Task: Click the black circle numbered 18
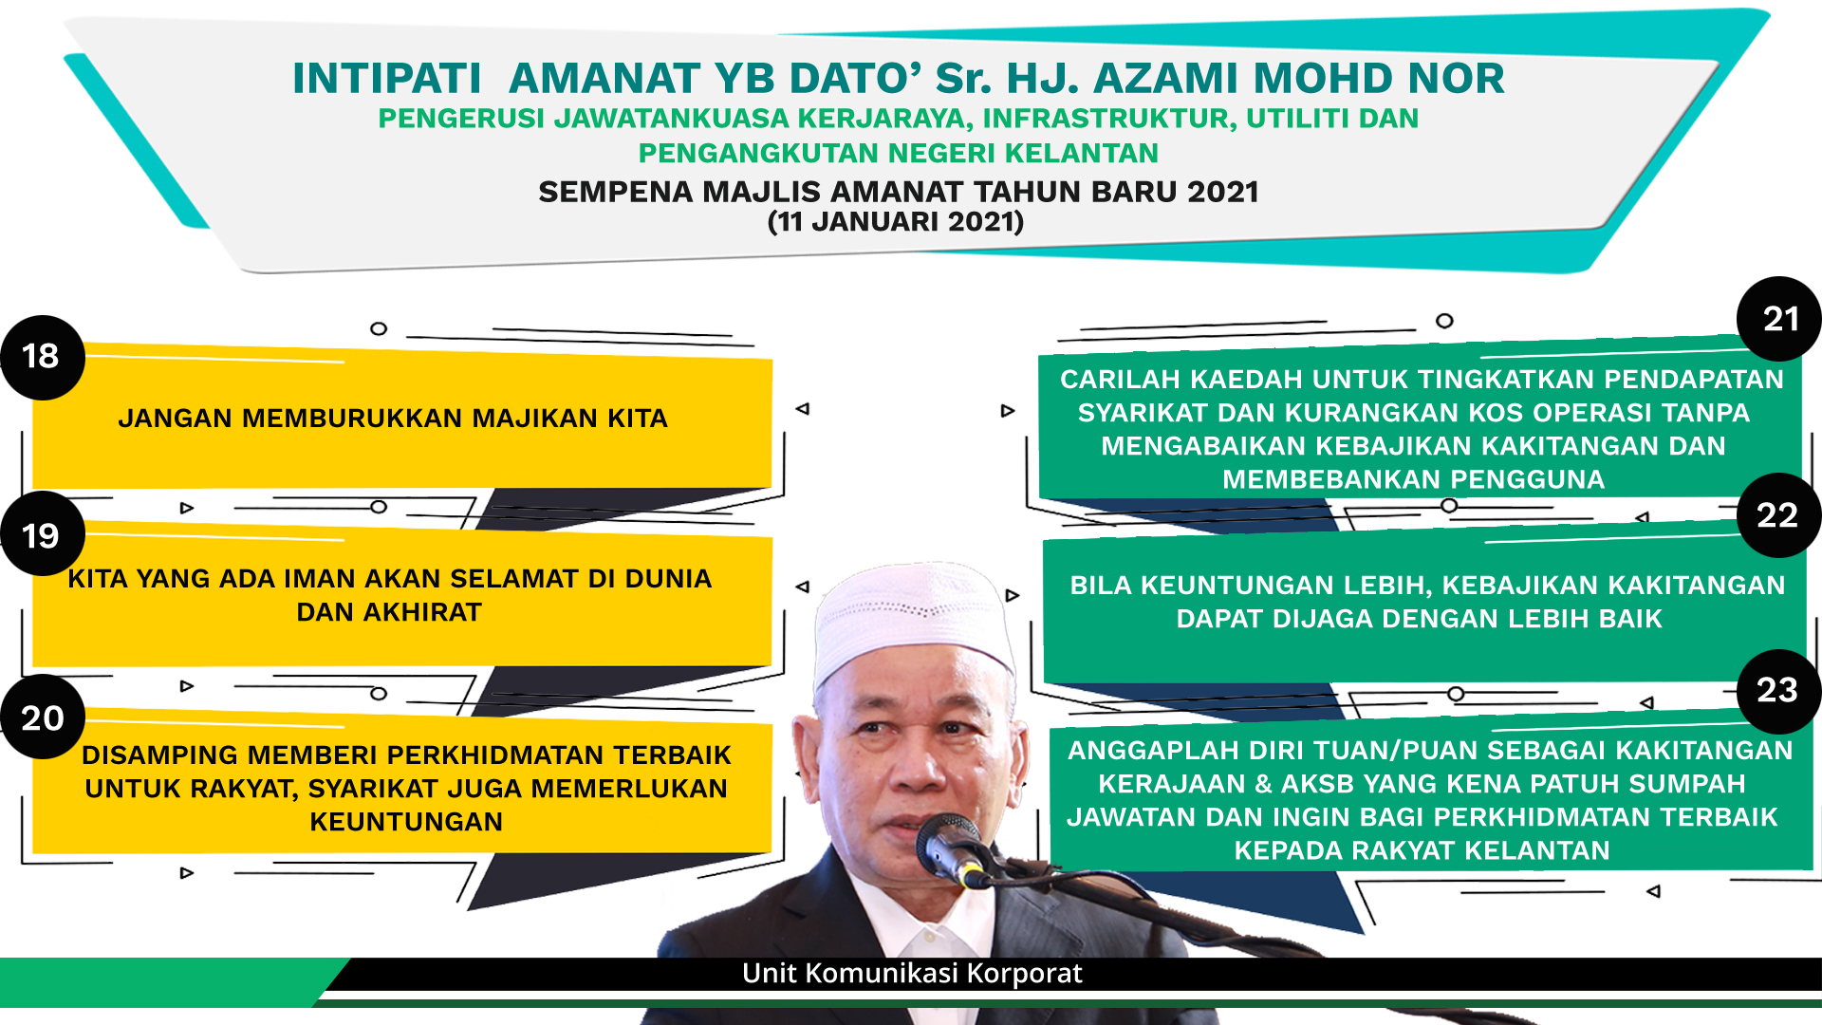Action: pyautogui.click(x=43, y=357)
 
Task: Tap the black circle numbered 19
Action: pyautogui.click(x=43, y=534)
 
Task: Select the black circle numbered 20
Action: pyautogui.click(x=43, y=717)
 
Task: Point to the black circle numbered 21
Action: pyautogui.click(x=1779, y=319)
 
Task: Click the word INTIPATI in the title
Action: pyautogui.click(x=387, y=79)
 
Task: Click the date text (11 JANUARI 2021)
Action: pyautogui.click(x=896, y=222)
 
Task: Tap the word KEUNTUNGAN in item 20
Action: pyautogui.click(x=406, y=822)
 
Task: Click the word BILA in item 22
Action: pyautogui.click(x=1101, y=586)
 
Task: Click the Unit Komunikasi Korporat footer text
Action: pyautogui.click(x=912, y=974)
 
